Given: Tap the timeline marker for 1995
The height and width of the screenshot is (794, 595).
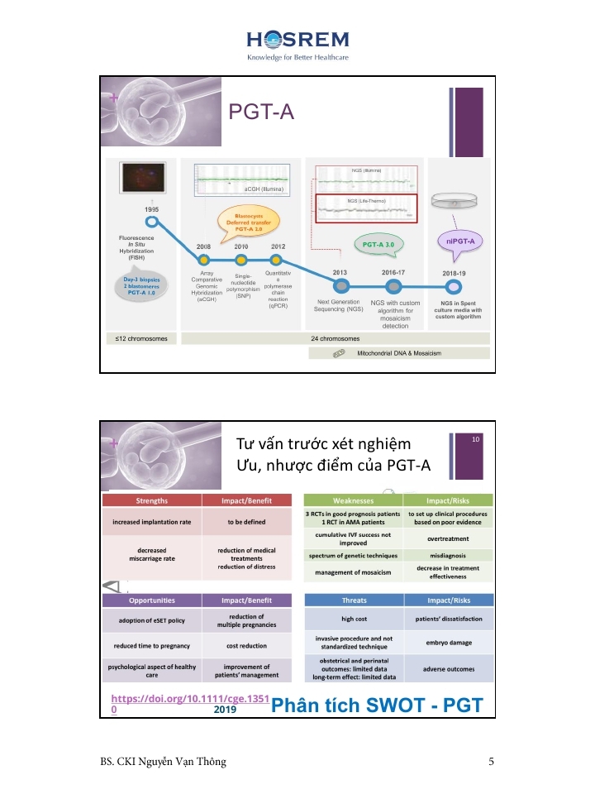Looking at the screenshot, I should pos(151,221).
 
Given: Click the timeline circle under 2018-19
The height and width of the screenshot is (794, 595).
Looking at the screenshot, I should pos(452,285).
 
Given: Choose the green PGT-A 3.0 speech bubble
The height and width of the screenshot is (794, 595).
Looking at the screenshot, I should pos(383,245).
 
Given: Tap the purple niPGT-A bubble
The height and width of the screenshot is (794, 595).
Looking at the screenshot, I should pos(459,241).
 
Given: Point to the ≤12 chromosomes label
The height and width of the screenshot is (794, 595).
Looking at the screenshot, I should pos(136,338).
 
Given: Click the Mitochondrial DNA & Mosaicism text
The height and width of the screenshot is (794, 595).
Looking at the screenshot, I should pos(399,353).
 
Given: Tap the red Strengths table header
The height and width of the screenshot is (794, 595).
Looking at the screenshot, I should pos(151,500).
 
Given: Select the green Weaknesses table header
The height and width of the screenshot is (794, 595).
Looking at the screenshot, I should pos(353,500).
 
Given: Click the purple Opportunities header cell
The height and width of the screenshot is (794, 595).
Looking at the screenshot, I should pos(151,600).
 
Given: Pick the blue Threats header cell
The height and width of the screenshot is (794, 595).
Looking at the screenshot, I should pos(353,600).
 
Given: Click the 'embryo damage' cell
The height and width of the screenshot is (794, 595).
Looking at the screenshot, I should pos(447,643).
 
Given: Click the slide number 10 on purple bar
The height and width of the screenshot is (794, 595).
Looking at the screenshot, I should pos(476,440).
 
